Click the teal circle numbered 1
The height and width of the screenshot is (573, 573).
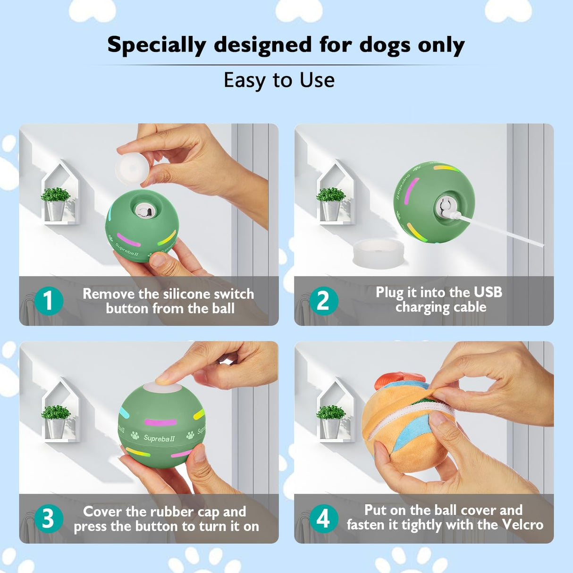48,301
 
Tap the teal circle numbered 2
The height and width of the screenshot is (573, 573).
323,301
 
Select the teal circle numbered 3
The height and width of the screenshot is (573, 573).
48,518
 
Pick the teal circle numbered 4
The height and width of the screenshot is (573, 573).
323,518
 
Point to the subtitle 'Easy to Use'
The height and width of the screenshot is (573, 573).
279,80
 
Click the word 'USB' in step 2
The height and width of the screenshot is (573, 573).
488,292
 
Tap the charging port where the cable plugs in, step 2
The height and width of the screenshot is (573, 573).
445,207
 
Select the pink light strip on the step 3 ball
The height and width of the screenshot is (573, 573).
160,422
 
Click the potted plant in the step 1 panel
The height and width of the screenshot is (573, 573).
56,203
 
